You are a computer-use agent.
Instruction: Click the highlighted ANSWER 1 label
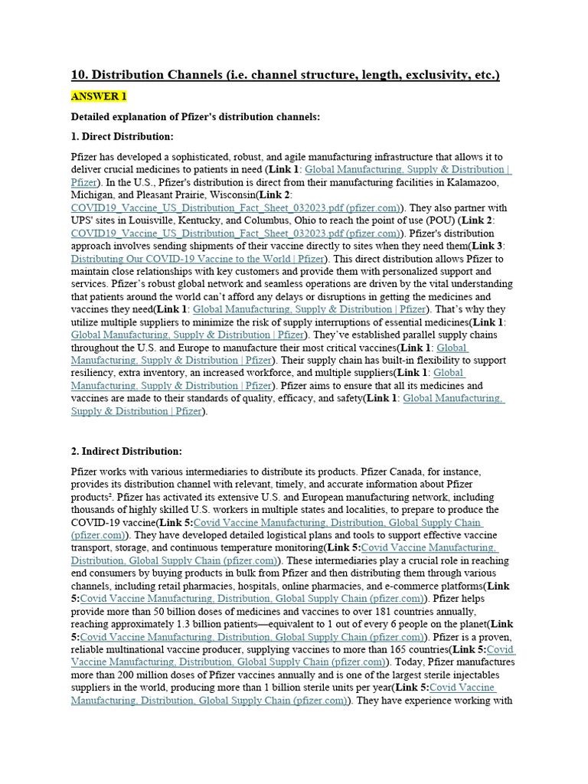point(99,96)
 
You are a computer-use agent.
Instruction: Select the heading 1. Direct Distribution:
point(122,136)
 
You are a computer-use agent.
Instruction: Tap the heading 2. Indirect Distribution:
point(126,451)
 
